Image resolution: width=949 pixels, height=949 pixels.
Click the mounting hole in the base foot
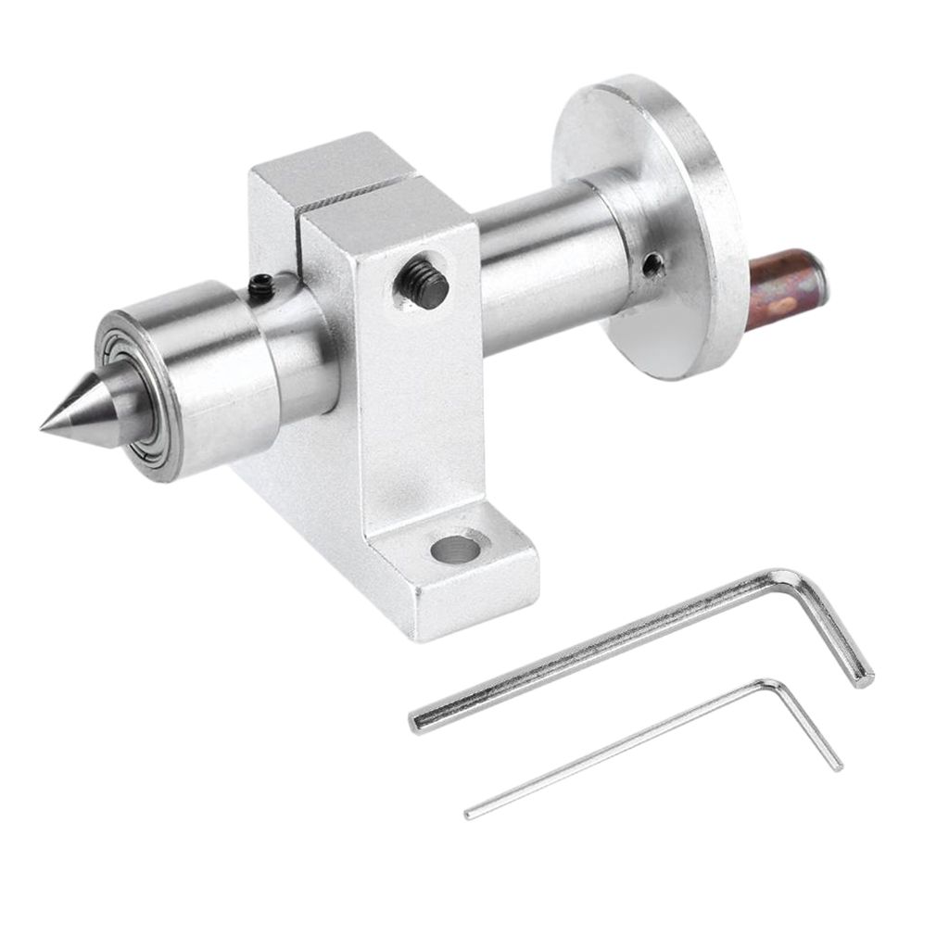tap(456, 550)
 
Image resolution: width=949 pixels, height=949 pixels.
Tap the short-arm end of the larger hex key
tap(866, 677)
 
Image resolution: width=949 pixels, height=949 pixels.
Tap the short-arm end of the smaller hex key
tap(837, 764)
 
